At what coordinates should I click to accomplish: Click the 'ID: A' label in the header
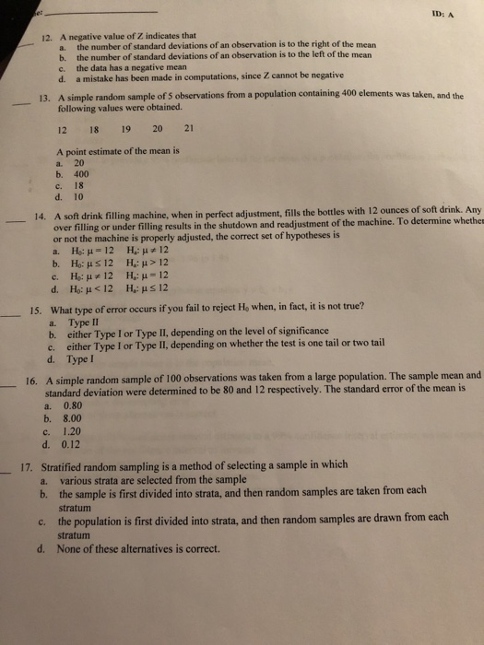(x=449, y=13)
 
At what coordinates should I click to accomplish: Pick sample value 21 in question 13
(x=190, y=128)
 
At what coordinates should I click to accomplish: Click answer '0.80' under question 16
(x=72, y=404)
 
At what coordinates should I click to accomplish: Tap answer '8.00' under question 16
(x=72, y=416)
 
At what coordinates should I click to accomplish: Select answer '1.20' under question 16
(x=72, y=428)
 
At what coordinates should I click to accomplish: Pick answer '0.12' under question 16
(x=72, y=441)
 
